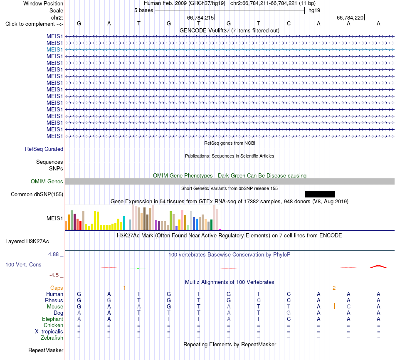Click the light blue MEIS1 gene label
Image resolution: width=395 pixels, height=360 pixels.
pyautogui.click(x=54, y=49)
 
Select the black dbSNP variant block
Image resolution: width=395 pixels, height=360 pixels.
pyautogui.click(x=320, y=194)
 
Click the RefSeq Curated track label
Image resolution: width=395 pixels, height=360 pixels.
pyautogui.click(x=44, y=149)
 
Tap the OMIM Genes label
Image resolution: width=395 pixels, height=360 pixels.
pyautogui.click(x=47, y=181)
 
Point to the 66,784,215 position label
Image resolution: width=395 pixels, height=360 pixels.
pyautogui.click(x=200, y=17)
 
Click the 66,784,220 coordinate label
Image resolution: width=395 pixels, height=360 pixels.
pyautogui.click(x=350, y=17)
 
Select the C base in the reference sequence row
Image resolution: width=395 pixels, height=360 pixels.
pyautogui.click(x=289, y=23)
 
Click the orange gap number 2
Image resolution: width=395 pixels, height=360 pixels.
pyautogui.click(x=334, y=288)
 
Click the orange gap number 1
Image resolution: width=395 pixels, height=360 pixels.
pyautogui.click(x=124, y=288)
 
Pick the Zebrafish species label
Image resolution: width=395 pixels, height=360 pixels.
pyautogui.click(x=52, y=338)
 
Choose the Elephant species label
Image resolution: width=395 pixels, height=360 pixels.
pyautogui.click(x=52, y=319)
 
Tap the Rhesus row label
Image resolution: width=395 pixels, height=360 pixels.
pyautogui.click(x=54, y=300)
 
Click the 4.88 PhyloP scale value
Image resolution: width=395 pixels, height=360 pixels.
pyautogui.click(x=53, y=254)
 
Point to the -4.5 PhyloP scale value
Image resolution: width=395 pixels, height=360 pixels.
pyautogui.click(x=54, y=275)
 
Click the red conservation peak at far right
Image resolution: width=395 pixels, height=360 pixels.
pyautogui.click(x=378, y=266)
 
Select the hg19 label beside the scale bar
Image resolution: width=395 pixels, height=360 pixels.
pyautogui.click(x=314, y=10)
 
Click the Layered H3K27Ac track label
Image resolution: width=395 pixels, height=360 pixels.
pyautogui.click(x=27, y=242)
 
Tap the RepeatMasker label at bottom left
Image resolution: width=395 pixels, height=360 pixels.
pyautogui.click(x=46, y=350)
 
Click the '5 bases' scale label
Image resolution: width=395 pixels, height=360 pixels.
pyautogui.click(x=143, y=10)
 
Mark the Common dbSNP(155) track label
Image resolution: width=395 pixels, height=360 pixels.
pyautogui.click(x=37, y=194)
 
